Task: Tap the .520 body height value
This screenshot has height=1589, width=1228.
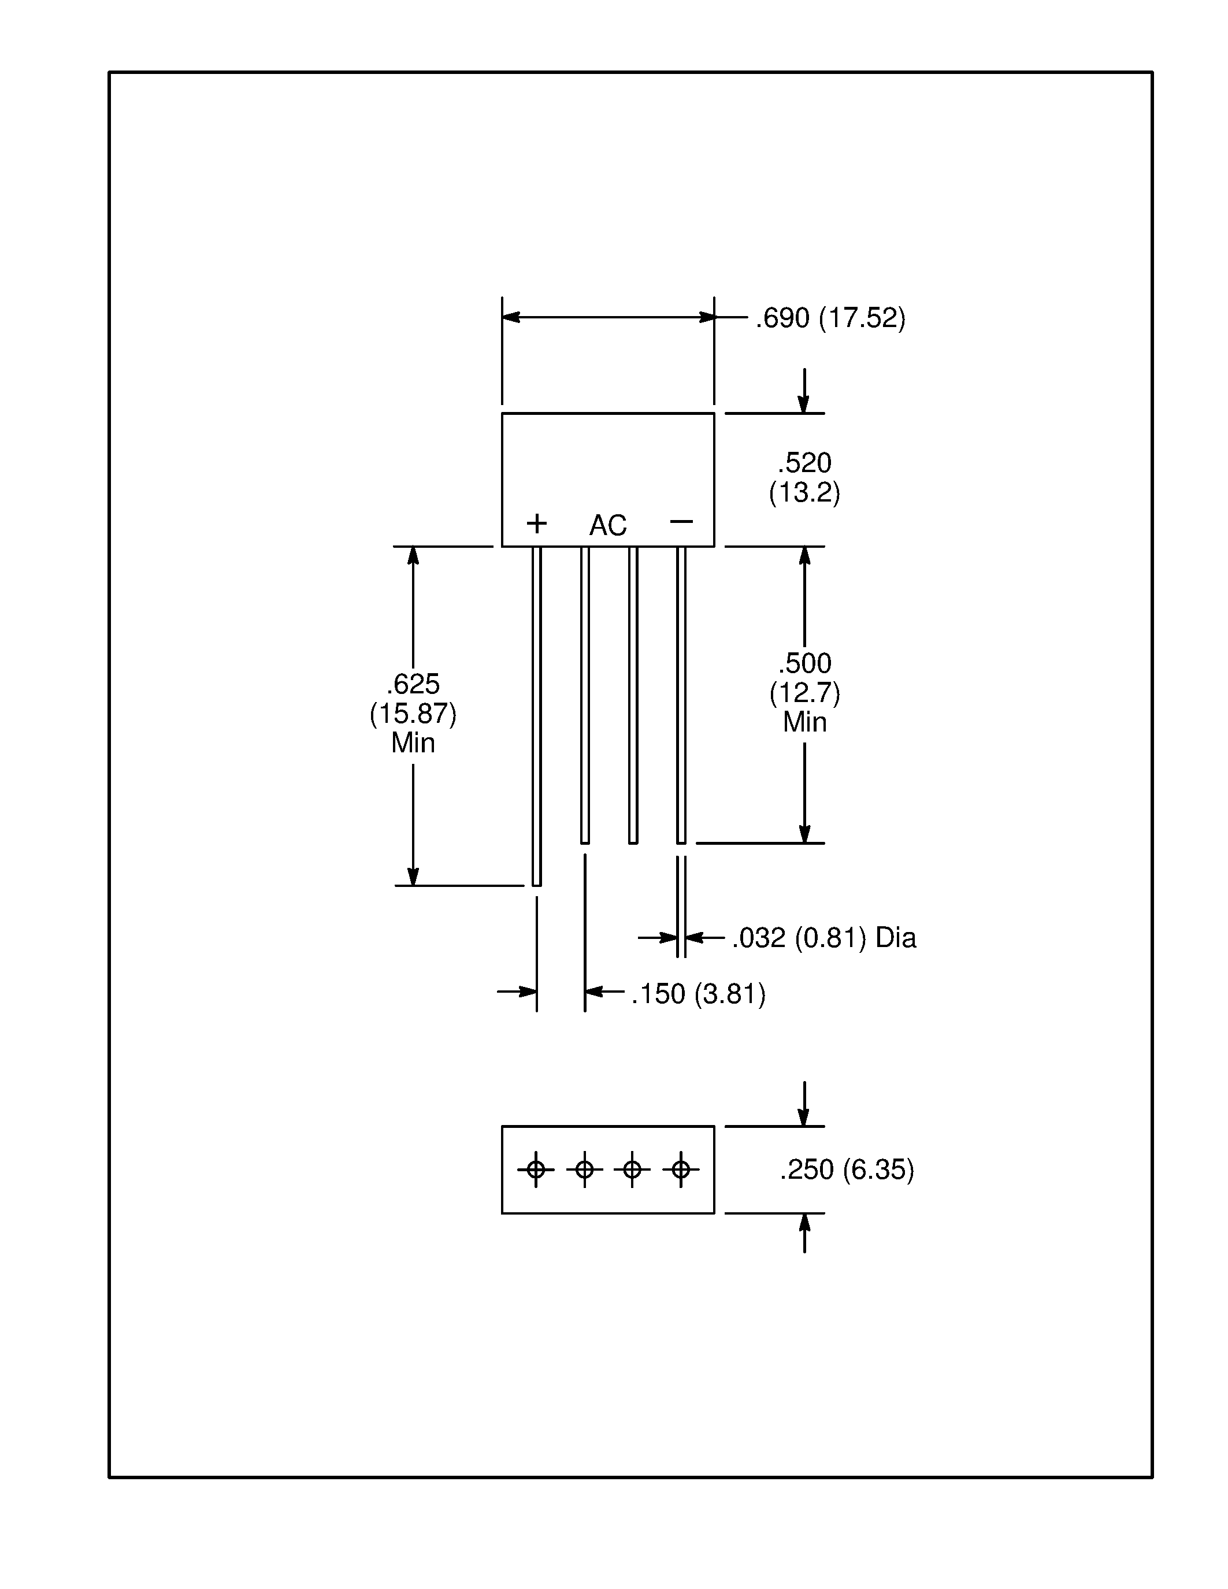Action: (x=804, y=463)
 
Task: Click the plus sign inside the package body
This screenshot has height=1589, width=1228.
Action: (x=536, y=523)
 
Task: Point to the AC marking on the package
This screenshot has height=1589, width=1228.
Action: (x=607, y=525)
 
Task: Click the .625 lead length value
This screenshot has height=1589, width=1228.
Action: (x=413, y=684)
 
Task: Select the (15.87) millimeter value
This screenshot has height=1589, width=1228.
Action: (x=413, y=714)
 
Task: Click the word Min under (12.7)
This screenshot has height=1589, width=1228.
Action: (x=804, y=722)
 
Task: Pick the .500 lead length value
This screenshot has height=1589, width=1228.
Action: (x=804, y=663)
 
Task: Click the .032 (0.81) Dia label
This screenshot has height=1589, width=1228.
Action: (x=823, y=938)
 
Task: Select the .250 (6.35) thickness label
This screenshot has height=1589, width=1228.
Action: (x=846, y=1169)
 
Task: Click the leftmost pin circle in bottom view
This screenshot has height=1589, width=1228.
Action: (x=536, y=1169)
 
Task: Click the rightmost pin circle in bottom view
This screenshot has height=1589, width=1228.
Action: (x=680, y=1169)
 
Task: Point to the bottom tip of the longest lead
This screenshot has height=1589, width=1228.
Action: (x=536, y=884)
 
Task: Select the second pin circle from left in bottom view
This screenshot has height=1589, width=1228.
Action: (x=584, y=1169)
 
